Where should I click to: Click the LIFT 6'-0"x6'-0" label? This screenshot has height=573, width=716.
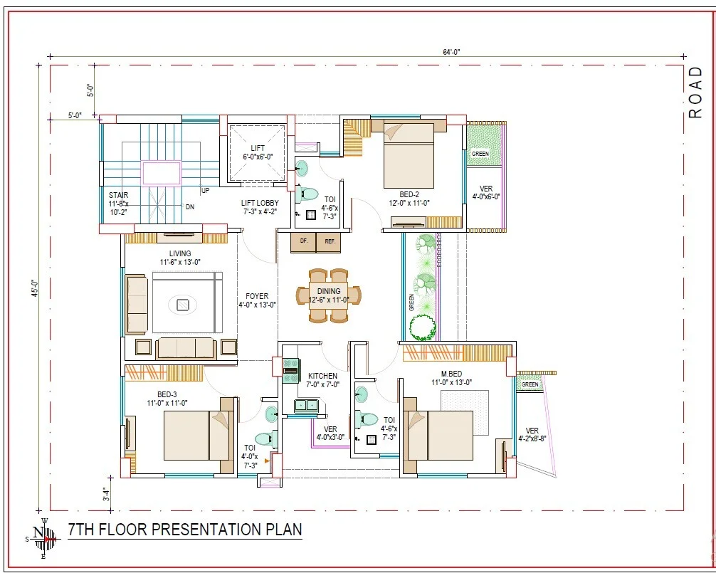click(x=258, y=152)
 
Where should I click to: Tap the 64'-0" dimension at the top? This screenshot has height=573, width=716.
click(x=451, y=52)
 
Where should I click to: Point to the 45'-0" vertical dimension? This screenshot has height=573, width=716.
click(x=35, y=288)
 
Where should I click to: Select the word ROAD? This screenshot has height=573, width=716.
click(x=695, y=93)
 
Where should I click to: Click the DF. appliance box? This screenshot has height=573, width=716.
click(x=304, y=243)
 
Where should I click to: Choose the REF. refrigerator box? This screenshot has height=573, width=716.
click(x=330, y=243)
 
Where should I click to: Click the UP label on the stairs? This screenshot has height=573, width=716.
click(x=206, y=190)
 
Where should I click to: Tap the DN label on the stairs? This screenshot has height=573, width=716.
click(x=190, y=207)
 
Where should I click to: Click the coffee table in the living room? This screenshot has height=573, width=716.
click(x=183, y=304)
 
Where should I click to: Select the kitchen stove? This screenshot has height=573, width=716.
click(x=291, y=370)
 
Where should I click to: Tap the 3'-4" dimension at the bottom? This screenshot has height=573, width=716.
click(x=106, y=494)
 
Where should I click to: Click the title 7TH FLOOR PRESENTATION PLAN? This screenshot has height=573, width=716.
click(x=185, y=530)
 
